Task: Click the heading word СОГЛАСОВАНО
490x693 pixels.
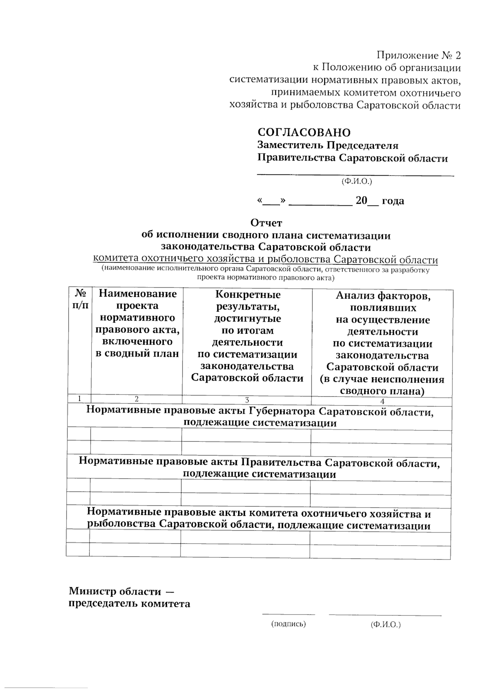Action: tap(303, 132)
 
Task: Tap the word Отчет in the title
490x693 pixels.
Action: tap(266, 223)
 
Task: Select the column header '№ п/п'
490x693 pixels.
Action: tap(80, 299)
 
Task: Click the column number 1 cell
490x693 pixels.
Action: tap(79, 399)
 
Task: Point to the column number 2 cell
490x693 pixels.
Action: tap(137, 399)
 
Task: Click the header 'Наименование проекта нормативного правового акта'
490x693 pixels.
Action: tap(137, 323)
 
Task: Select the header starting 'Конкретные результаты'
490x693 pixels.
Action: tap(247, 336)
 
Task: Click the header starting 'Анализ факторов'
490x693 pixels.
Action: tap(382, 343)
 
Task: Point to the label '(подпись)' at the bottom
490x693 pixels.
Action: tap(288, 624)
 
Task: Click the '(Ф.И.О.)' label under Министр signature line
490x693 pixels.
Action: tap(385, 624)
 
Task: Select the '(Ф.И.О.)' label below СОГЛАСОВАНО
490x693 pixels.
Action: tap(356, 181)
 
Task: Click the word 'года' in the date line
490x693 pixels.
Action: tap(393, 201)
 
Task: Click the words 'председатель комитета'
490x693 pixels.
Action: tap(129, 604)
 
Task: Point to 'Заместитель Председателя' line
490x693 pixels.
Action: tap(327, 145)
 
